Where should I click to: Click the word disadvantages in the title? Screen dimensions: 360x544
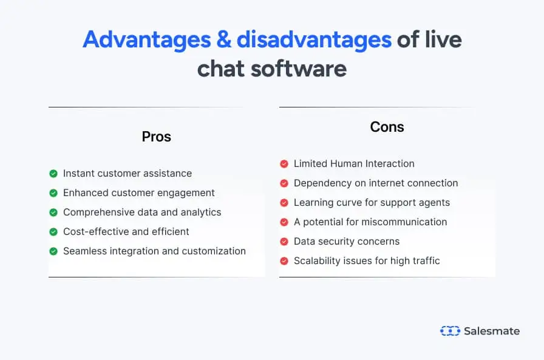click(x=314, y=39)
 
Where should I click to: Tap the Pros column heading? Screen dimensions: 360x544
click(x=157, y=137)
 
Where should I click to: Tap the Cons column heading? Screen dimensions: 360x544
click(x=387, y=127)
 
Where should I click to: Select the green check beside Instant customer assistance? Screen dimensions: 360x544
click(x=53, y=174)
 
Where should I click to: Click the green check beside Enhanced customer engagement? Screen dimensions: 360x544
click(x=53, y=193)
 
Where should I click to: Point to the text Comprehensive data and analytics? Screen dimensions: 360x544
click(x=142, y=212)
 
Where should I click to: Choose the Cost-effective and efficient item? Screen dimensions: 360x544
click(x=126, y=232)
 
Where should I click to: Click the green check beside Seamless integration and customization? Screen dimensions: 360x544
click(x=53, y=251)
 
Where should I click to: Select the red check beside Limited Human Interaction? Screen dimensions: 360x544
click(x=284, y=164)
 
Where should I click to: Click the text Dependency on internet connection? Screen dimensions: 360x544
click(x=376, y=183)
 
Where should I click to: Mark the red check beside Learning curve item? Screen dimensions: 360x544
click(x=284, y=203)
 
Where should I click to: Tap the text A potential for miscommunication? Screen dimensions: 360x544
click(x=370, y=222)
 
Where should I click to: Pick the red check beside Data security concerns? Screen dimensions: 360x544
click(x=284, y=242)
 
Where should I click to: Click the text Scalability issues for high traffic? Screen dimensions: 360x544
click(x=367, y=261)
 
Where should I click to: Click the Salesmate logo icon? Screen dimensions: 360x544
click(x=450, y=331)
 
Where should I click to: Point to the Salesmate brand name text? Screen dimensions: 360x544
click(x=492, y=331)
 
